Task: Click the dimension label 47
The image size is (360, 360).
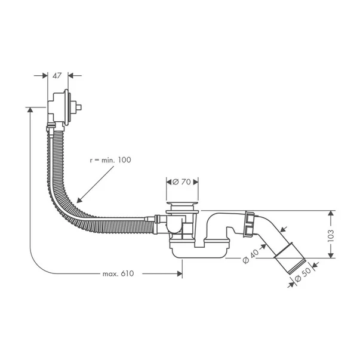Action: [57, 76]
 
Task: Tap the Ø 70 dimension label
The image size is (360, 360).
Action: [182, 181]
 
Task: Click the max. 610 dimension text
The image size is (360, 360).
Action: [118, 274]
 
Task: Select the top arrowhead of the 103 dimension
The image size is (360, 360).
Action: [331, 213]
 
